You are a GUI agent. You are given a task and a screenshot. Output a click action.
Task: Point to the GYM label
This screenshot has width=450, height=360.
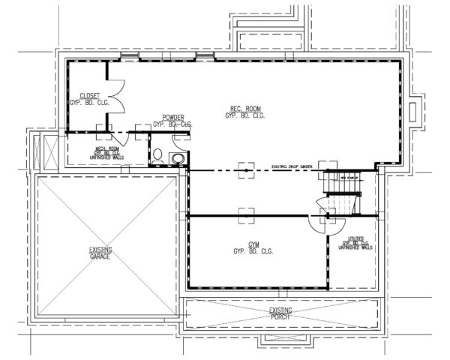tap(247, 247)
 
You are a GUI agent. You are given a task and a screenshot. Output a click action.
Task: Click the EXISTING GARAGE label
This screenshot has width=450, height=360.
tap(99, 253)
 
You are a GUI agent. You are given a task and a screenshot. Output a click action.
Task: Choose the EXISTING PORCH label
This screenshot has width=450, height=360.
tap(280, 312)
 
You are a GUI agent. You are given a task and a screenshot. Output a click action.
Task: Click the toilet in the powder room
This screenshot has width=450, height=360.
tap(158, 156)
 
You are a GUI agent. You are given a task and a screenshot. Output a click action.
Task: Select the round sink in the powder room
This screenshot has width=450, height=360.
tap(177, 158)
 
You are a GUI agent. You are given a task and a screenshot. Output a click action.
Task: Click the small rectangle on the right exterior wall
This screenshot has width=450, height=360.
tap(412, 109)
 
